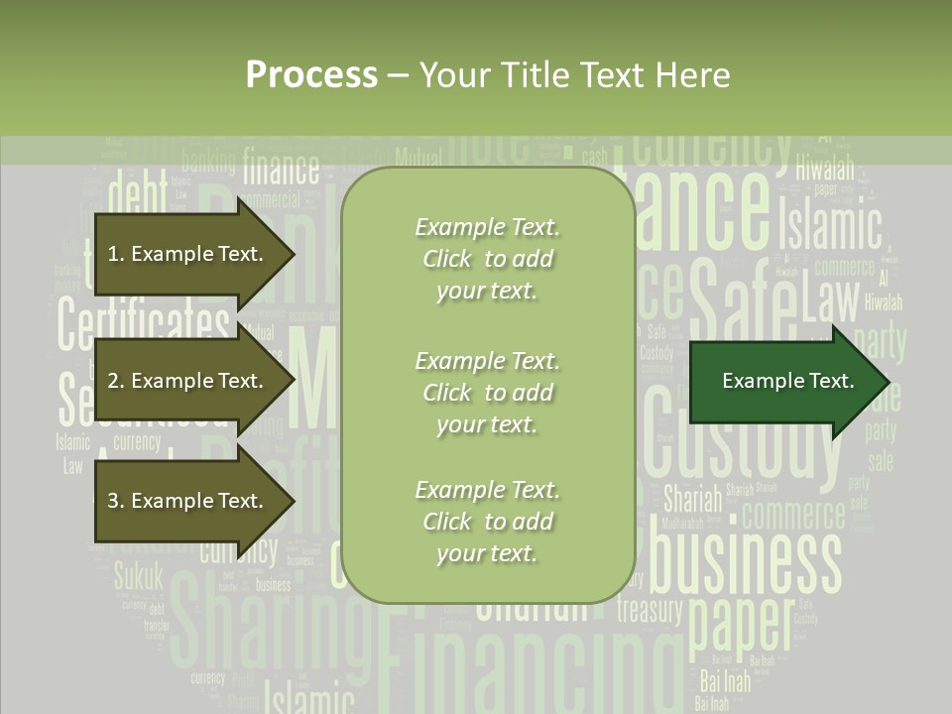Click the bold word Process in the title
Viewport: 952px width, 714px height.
tap(311, 74)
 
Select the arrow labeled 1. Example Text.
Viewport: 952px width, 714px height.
tap(188, 254)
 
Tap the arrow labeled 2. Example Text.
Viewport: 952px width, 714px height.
tap(188, 381)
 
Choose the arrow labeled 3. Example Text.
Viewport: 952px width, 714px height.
tap(188, 501)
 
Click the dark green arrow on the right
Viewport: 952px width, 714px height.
tap(788, 381)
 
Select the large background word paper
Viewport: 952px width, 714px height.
tap(740, 620)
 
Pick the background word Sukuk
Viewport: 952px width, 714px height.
tap(138, 574)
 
